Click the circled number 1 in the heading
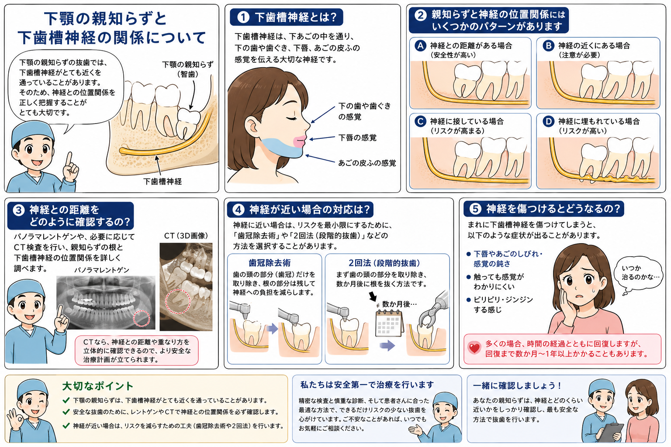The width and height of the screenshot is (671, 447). pos(243,17)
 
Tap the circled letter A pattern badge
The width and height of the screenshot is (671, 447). pos(420,46)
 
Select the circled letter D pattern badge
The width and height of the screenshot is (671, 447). pos(549,121)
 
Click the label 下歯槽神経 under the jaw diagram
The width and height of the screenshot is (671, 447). pos(163,182)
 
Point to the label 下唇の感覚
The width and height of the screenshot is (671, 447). pos(357,138)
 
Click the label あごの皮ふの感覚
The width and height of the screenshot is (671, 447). pos(367,163)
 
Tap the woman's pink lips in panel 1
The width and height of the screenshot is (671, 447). pos(300,141)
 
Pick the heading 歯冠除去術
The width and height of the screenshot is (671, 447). pos(270,263)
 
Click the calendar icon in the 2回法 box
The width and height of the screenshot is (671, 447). pos(389,323)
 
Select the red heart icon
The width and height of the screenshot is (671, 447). pos(474,348)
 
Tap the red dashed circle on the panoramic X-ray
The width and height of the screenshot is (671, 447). pos(142,318)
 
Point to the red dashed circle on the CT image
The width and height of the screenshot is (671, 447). pos(178,301)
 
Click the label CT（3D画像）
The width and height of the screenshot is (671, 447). pos(186,236)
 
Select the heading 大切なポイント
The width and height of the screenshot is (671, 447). pos(98,386)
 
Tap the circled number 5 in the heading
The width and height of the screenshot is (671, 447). pos(475,209)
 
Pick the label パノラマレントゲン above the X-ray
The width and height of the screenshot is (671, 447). pos(102,270)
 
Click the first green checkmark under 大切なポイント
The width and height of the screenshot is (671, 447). pos(66,400)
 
